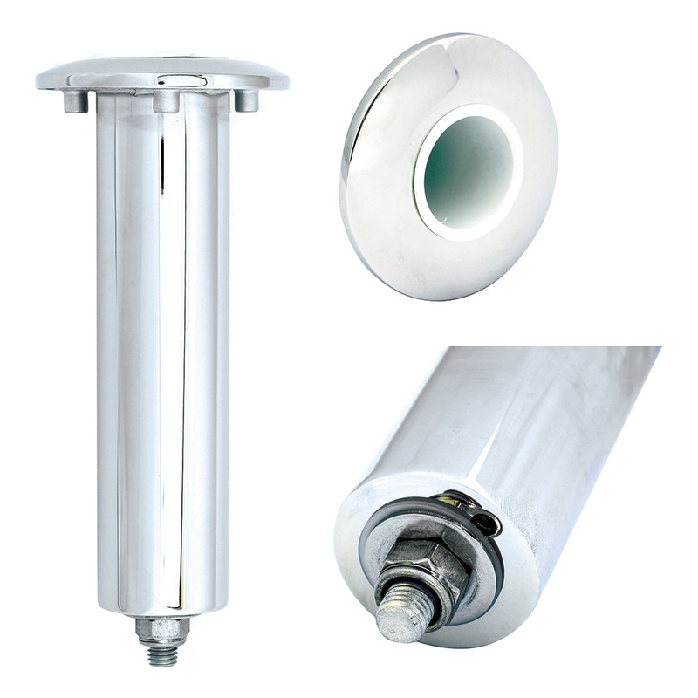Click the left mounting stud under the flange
(x=76, y=100)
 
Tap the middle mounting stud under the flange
(x=166, y=100)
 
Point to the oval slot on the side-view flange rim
(x=182, y=80)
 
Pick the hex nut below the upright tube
(x=162, y=627)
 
